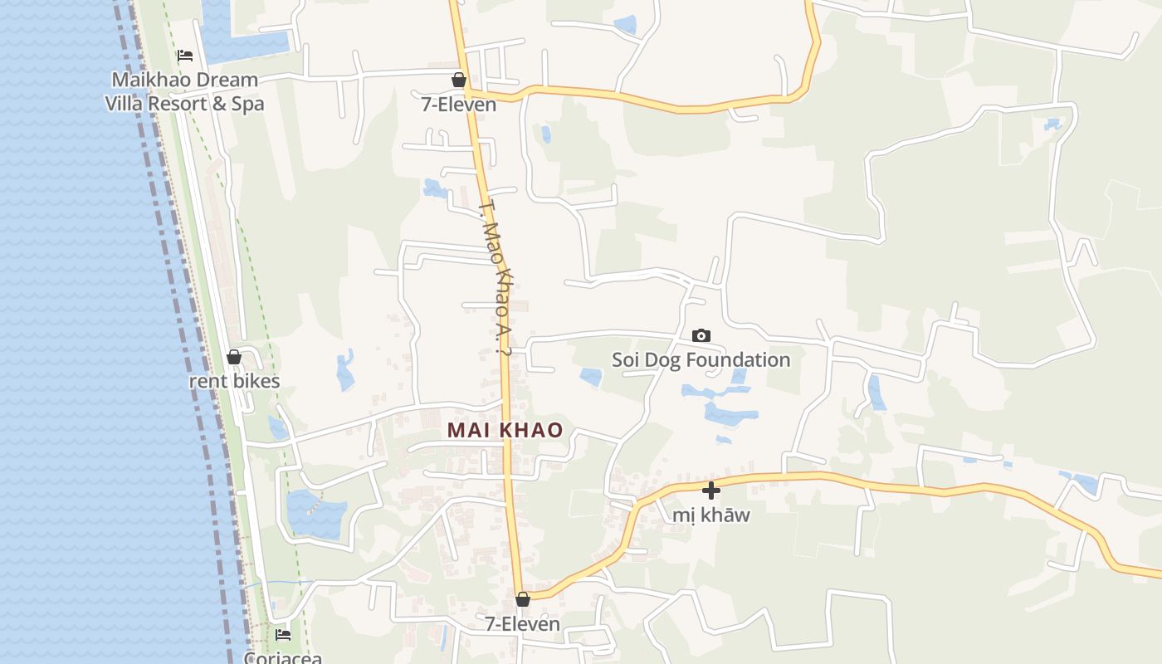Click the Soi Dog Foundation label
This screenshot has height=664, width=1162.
coord(701,360)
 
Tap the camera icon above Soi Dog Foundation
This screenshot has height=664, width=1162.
coord(701,336)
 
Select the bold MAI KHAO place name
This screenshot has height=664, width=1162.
coord(505,431)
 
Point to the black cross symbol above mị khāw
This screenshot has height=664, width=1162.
coord(711,491)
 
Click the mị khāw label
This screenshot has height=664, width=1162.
coord(711,515)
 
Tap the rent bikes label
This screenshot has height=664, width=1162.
coord(234,382)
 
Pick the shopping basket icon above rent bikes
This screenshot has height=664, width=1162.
coord(234,358)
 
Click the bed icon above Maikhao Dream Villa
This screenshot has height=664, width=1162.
coord(185,56)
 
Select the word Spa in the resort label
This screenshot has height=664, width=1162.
coord(248,105)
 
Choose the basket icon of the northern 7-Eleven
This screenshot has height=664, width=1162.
coord(458,80)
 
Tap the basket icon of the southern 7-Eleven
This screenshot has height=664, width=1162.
coord(522,599)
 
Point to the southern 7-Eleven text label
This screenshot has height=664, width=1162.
coord(523,624)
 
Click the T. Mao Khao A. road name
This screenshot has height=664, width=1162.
coord(496,277)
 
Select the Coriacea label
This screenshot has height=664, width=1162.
coord(282,658)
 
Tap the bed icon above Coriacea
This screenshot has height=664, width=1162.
coord(283,635)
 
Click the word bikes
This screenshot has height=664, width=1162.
coord(256,382)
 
